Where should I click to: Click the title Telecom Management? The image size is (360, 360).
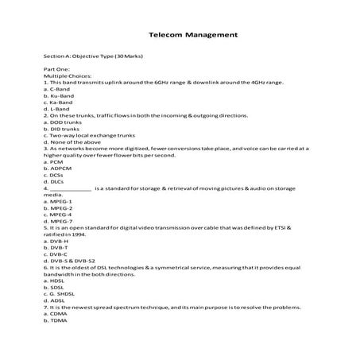(194, 35)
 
